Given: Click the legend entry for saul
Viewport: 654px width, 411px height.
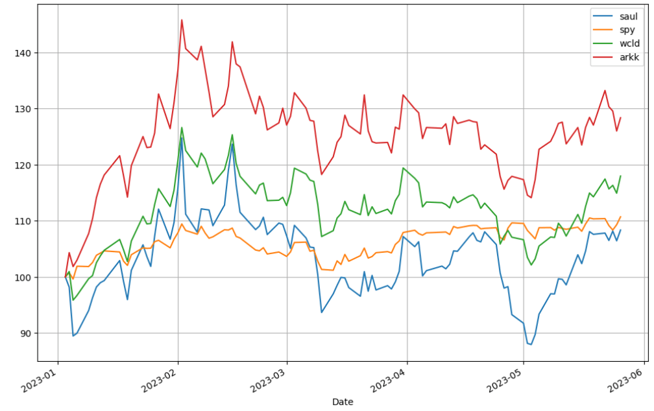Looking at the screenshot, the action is point(628,16).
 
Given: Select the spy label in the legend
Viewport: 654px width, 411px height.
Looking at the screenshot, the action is point(627,30).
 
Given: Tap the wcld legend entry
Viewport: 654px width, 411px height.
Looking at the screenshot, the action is point(629,43).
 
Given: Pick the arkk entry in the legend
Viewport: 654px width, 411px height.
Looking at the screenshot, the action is point(629,57).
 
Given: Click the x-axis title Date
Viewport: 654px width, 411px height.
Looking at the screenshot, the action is point(343,402).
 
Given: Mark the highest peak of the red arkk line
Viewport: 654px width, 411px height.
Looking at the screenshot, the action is point(182,19).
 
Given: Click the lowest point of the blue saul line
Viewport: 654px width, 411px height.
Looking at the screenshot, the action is point(531,344).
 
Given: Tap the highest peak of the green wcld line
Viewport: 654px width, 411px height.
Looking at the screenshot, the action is point(182,128).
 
